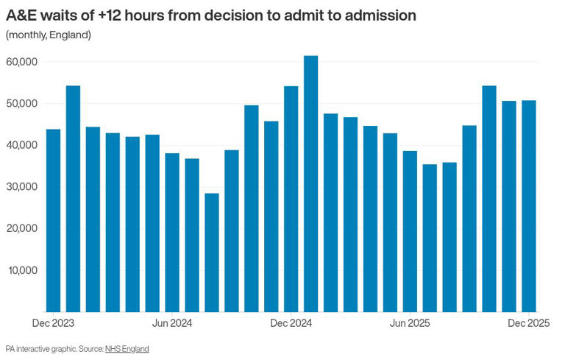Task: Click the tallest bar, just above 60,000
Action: [310, 184]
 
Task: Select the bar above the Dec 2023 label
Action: [53, 221]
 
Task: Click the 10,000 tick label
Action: [22, 270]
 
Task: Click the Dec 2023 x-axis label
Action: [53, 323]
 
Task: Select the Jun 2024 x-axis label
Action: [171, 323]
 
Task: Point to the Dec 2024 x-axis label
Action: [291, 323]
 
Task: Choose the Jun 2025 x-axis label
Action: [410, 323]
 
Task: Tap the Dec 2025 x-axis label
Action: [528, 323]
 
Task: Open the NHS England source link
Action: [127, 349]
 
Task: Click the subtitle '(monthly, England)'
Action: [49, 35]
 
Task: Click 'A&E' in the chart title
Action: [22, 15]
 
